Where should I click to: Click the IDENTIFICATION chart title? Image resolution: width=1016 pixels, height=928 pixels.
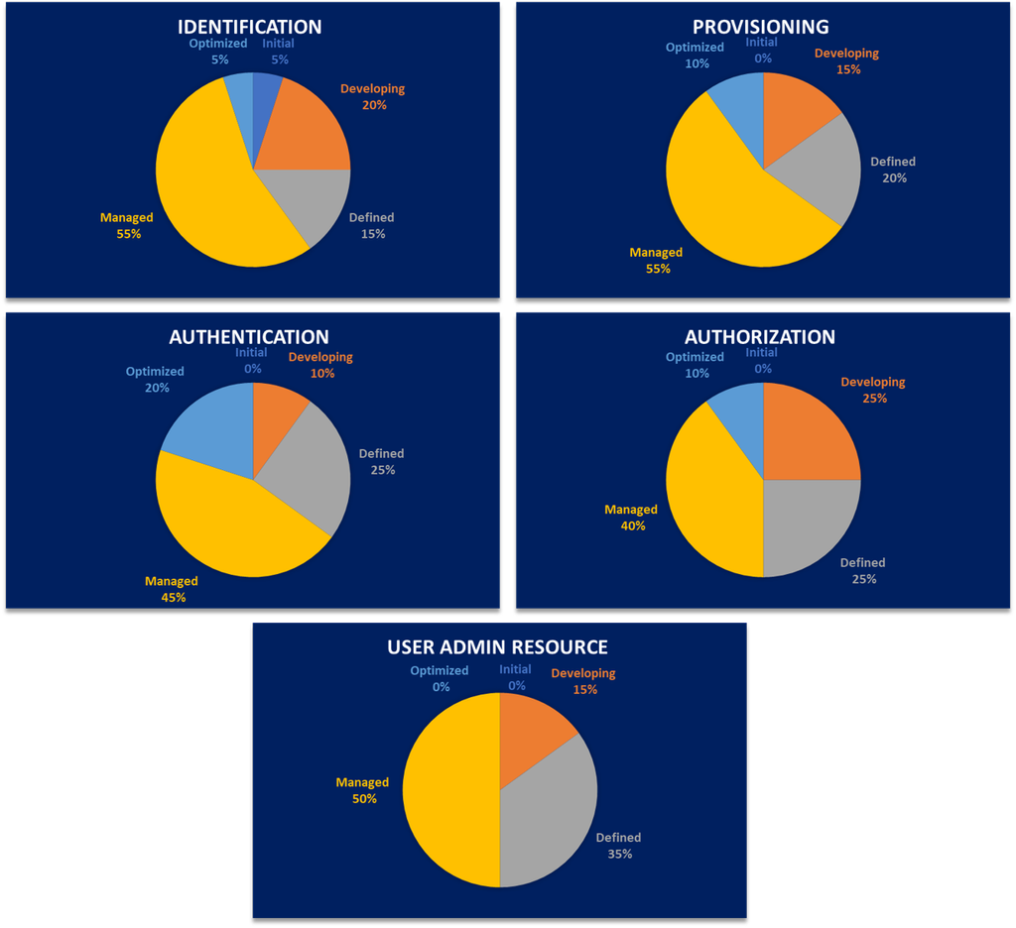point(249,27)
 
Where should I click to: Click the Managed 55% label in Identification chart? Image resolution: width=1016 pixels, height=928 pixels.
point(127,226)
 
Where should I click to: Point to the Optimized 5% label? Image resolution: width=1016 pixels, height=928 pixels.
point(218,52)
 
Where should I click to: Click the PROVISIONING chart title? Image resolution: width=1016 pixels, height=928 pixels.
point(761,27)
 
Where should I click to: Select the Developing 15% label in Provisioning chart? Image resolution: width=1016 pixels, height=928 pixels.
point(846,61)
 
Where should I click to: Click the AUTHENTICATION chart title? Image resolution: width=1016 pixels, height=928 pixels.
point(249,337)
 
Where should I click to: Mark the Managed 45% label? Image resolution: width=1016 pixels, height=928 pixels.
point(172,589)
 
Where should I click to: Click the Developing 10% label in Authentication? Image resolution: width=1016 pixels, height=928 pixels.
point(320,365)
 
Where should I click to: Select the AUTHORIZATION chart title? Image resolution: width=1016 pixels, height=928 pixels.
point(761,337)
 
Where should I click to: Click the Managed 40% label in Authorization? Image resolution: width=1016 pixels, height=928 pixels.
point(631,518)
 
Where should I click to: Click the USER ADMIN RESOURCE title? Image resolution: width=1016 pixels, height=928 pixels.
point(497,647)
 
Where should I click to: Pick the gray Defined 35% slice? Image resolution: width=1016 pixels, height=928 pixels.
point(551,803)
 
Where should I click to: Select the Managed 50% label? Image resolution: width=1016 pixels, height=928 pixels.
point(362,790)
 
